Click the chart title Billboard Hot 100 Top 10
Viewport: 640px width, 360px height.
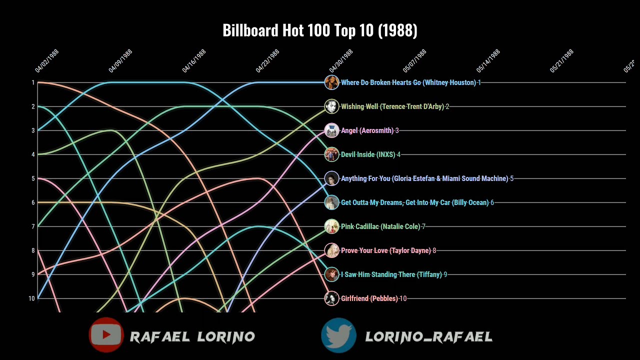(x=319, y=30)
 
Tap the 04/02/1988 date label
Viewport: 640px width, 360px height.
(x=47, y=61)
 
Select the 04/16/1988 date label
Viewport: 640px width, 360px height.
(x=194, y=61)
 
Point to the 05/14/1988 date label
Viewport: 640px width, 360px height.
(x=488, y=61)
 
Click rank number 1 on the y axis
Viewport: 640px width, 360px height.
(x=33, y=82)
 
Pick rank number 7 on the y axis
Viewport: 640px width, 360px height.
(x=33, y=226)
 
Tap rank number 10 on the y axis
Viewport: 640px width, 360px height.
(x=32, y=298)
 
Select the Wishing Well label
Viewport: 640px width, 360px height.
(x=392, y=106)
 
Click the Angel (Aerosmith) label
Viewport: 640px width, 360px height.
(x=367, y=130)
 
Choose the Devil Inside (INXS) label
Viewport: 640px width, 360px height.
(x=368, y=154)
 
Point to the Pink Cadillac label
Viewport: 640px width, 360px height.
(x=380, y=226)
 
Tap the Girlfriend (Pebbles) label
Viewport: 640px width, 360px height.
(x=369, y=298)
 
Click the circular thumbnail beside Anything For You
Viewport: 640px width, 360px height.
(x=331, y=178)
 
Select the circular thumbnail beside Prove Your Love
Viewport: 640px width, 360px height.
(x=331, y=250)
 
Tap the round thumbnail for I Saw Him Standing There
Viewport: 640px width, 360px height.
(x=331, y=274)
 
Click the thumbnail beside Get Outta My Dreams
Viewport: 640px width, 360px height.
(x=331, y=202)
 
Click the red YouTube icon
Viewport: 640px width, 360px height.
(x=106, y=335)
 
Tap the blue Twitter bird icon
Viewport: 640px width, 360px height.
(x=338, y=335)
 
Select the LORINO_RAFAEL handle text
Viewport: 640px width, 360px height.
(x=429, y=337)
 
